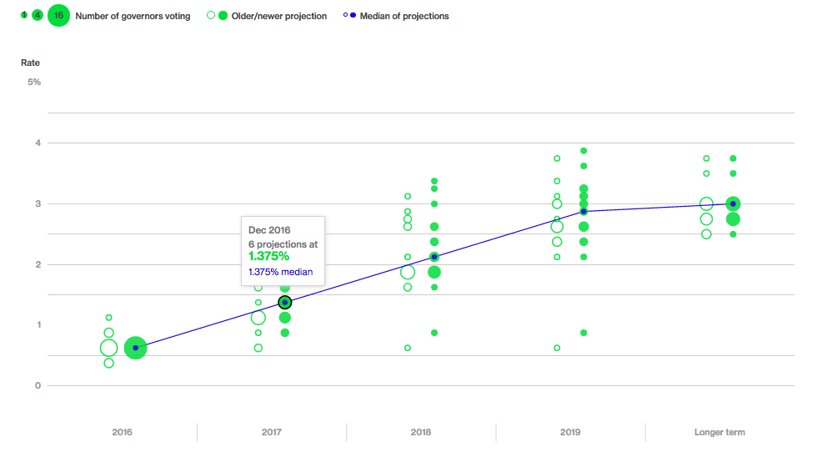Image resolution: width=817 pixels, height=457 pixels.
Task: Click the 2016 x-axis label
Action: coord(122,432)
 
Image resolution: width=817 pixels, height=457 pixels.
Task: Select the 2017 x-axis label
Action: coord(271,432)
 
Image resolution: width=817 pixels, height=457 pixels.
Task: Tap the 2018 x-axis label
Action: coord(421,432)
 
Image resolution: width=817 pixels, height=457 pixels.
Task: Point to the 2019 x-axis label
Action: coord(570,432)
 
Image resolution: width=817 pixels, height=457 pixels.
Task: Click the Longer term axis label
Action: coord(719,432)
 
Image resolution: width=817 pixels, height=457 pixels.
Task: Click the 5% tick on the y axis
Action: coord(34,82)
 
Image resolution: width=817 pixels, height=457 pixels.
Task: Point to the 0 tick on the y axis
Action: coord(38,385)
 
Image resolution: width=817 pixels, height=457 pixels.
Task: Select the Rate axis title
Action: coord(30,63)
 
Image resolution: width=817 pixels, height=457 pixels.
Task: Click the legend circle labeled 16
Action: coord(58,16)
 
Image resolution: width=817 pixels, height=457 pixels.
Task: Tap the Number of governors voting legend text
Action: coord(133,16)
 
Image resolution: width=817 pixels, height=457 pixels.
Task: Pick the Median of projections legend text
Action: coord(404,16)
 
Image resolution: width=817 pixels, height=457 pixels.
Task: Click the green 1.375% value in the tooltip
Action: coord(269,256)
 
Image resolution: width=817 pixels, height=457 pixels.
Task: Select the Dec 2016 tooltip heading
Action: coord(269,229)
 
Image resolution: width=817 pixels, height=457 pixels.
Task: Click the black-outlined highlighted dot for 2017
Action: coord(285,302)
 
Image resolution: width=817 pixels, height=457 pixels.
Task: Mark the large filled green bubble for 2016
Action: coord(135,348)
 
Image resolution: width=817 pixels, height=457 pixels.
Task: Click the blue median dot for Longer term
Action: coord(733,203)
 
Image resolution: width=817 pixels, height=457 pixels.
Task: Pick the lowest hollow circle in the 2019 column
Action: coord(557,348)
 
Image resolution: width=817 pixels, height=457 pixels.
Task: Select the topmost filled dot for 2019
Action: coord(584,151)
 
